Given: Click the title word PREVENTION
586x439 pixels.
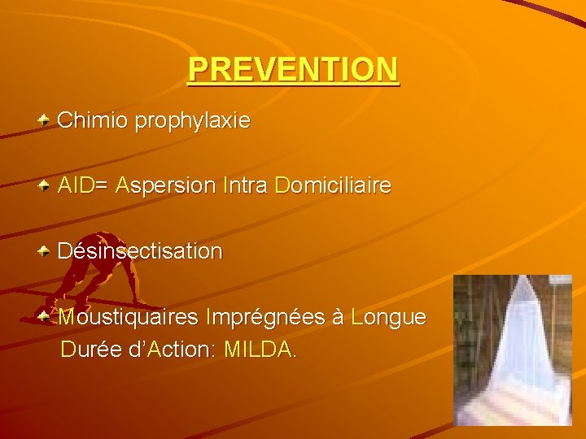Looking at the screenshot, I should (x=293, y=70).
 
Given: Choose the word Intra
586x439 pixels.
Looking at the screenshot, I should (x=245, y=186).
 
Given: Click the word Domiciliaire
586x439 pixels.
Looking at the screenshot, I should (x=334, y=186).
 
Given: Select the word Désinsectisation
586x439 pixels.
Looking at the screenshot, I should (x=140, y=251).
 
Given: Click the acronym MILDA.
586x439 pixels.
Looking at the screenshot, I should (x=259, y=350).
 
